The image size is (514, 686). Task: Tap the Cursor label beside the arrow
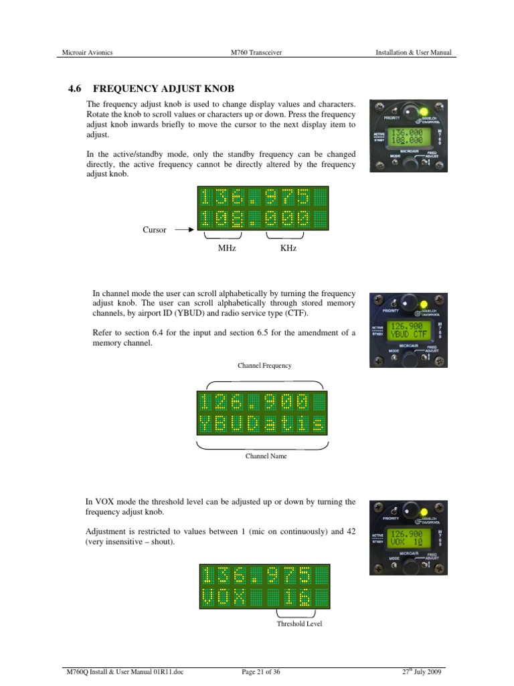tap(154, 230)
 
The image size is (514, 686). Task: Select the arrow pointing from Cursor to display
tap(184, 230)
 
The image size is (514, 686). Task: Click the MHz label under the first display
tap(227, 248)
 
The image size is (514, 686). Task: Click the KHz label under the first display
tap(288, 248)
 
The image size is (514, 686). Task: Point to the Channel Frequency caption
tap(264, 366)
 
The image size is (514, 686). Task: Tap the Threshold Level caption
tap(299, 624)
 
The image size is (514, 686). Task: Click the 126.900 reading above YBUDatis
tap(254, 402)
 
